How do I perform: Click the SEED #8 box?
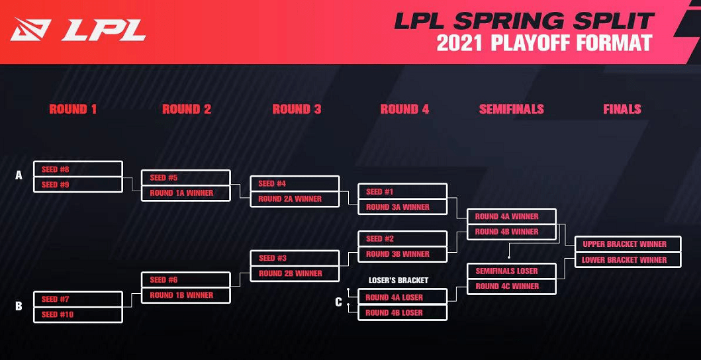point(77,169)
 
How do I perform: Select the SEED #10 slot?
point(77,314)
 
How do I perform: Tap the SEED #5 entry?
point(186,177)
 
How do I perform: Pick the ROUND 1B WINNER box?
point(186,295)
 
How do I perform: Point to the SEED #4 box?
point(295,183)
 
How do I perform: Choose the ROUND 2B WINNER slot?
point(295,273)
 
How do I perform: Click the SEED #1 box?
point(402,191)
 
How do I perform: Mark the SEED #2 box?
point(402,238)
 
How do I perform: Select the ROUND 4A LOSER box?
point(402,297)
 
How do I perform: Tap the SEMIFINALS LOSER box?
point(511,271)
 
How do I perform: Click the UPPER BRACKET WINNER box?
point(627,244)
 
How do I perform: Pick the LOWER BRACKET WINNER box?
point(627,260)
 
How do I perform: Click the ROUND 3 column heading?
point(297,109)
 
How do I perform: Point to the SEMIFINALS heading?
point(511,109)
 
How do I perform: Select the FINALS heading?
point(622,109)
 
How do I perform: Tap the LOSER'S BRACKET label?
point(398,281)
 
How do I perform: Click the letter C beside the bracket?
point(339,302)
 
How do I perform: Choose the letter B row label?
point(19,306)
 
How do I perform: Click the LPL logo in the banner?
point(78,30)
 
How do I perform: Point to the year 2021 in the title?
point(461,44)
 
